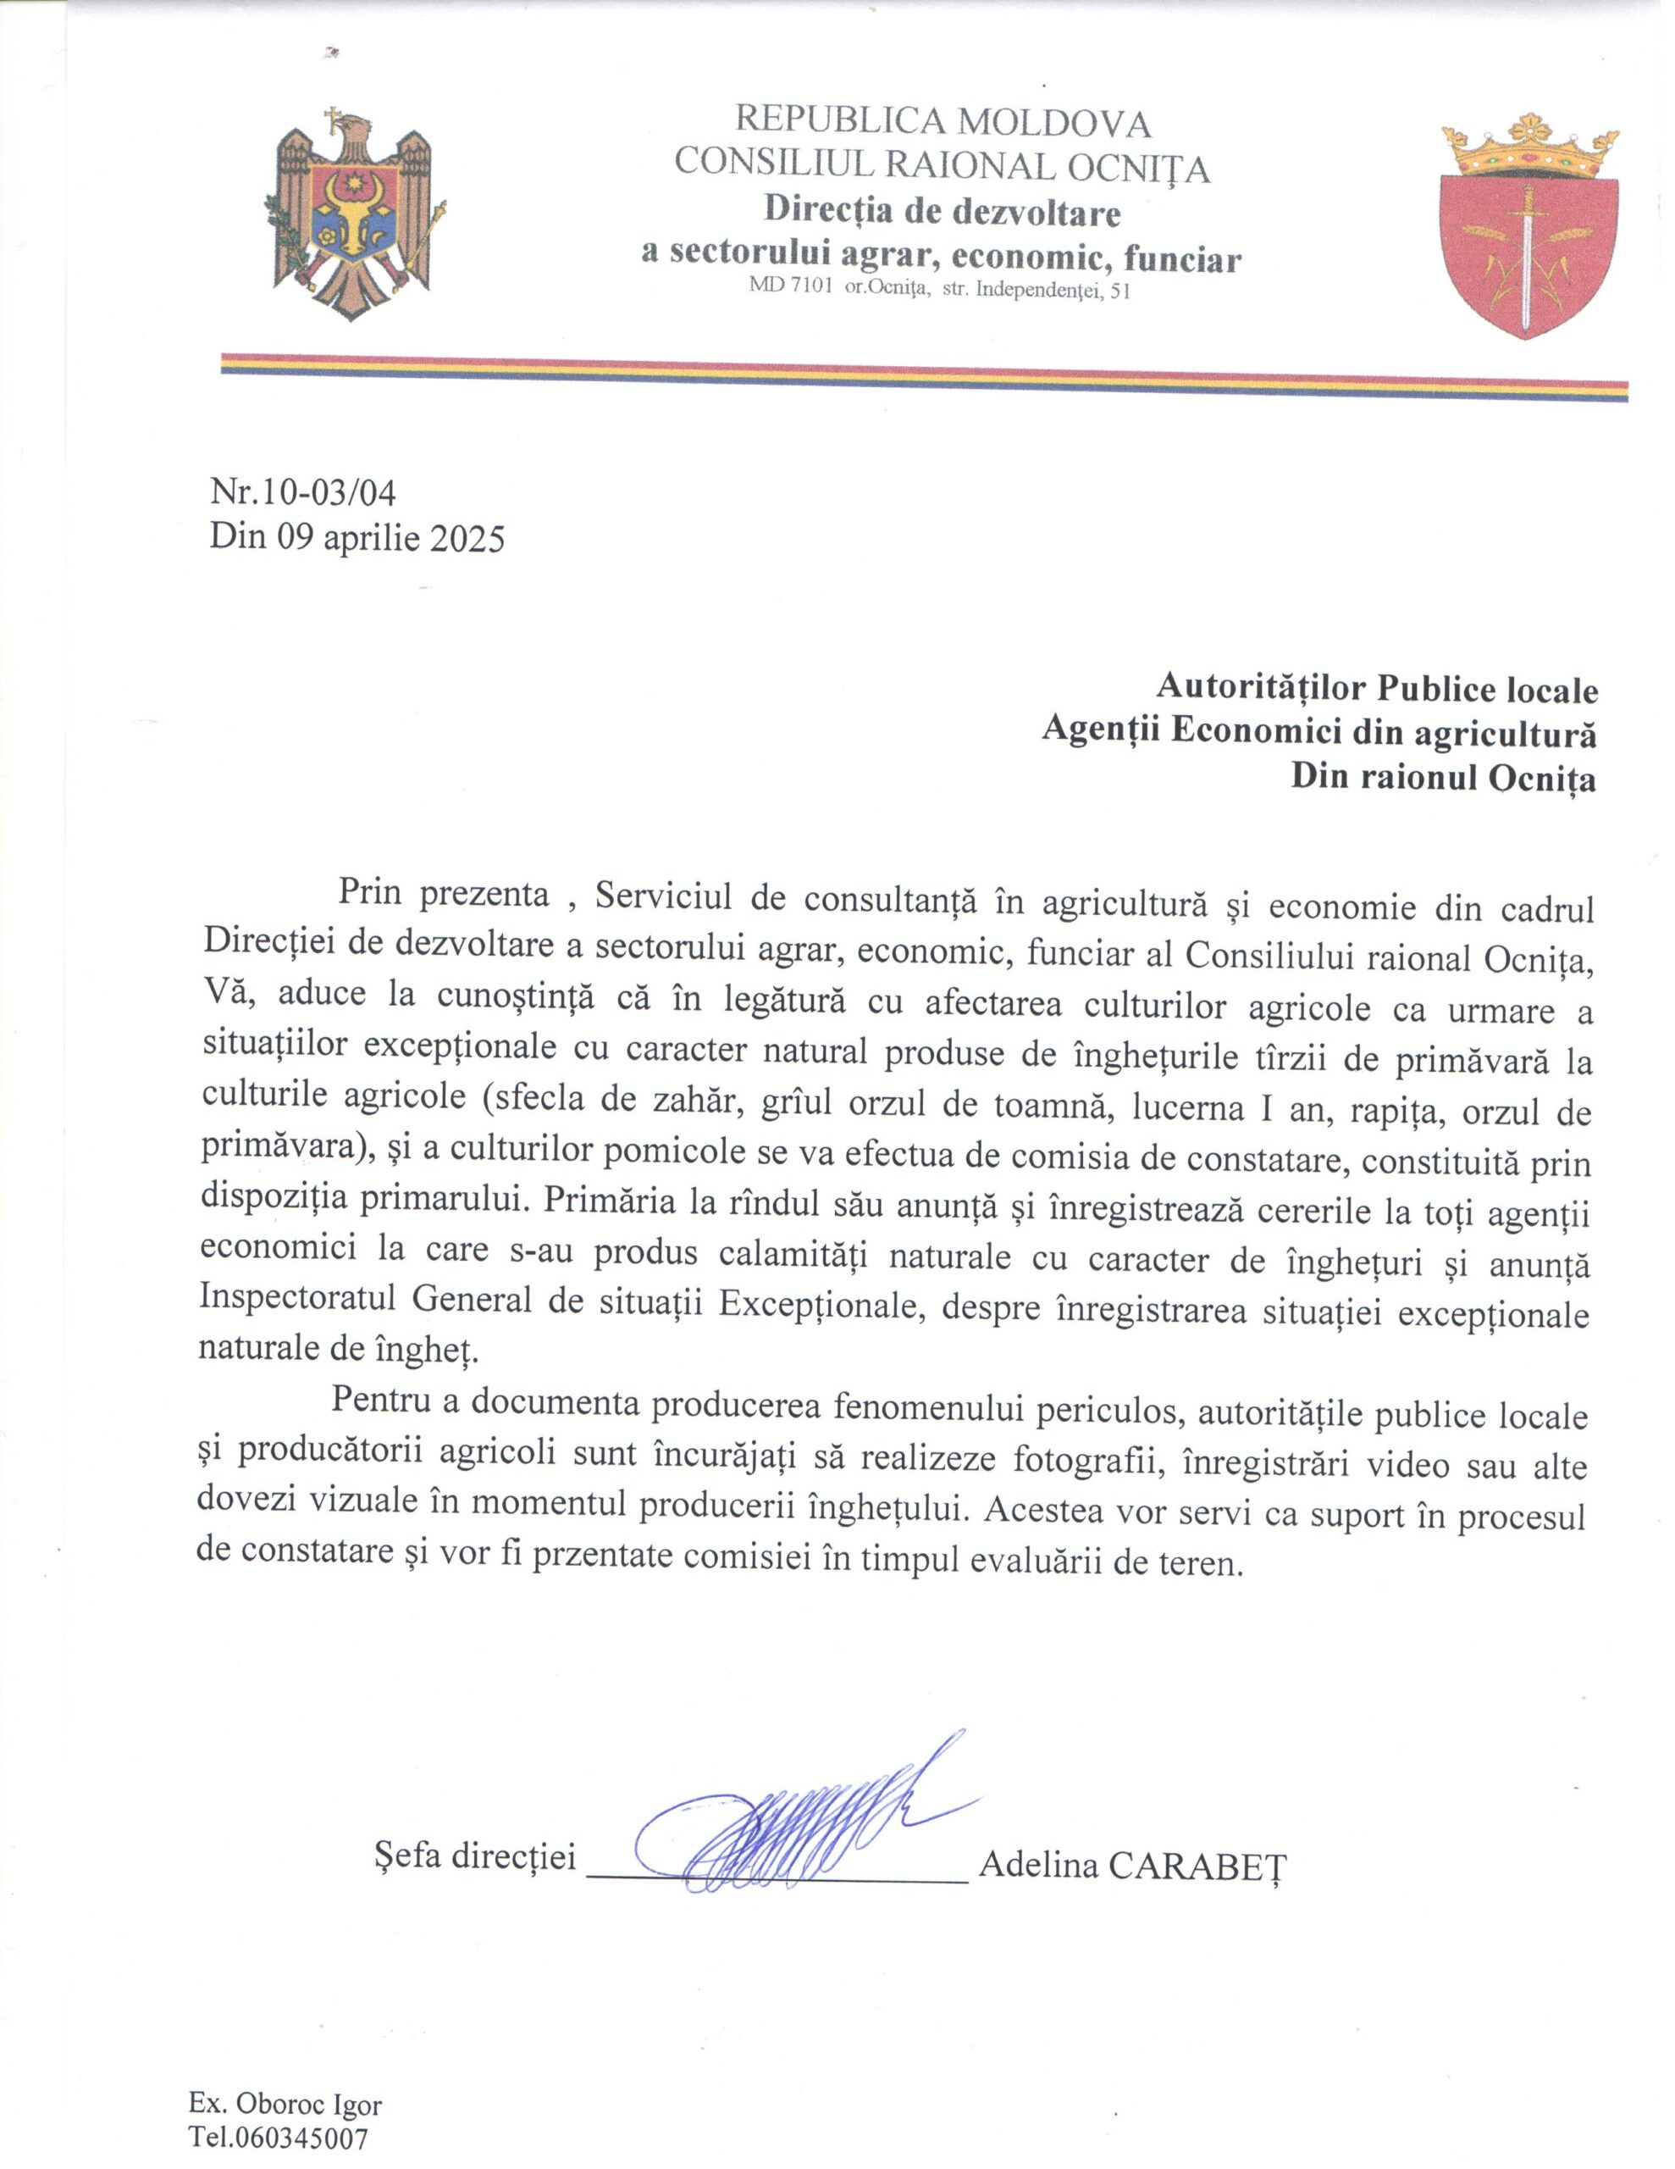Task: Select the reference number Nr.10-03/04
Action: click(x=303, y=491)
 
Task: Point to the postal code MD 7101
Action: click(x=790, y=290)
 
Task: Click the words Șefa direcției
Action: click(x=474, y=1856)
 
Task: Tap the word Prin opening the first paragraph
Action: click(x=369, y=893)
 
